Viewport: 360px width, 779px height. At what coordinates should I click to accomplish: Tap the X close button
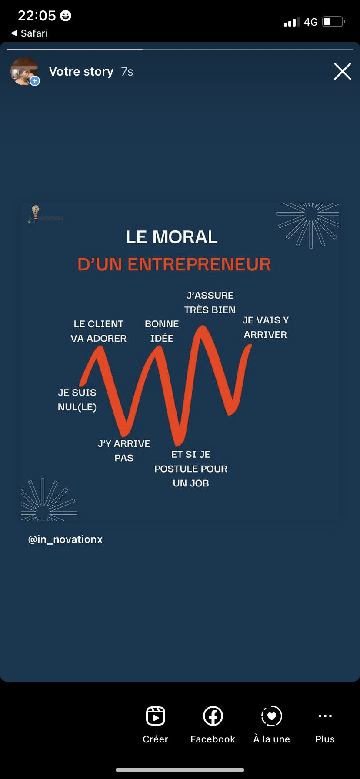[342, 71]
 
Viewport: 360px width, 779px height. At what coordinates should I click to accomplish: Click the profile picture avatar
[24, 71]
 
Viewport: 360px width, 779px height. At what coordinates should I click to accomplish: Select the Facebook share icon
[213, 716]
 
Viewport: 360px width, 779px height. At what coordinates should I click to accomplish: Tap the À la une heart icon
[272, 716]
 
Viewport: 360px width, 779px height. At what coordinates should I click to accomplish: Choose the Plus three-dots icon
[325, 716]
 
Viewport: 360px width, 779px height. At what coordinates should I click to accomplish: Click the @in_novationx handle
[65, 539]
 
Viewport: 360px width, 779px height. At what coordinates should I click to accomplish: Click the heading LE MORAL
[172, 237]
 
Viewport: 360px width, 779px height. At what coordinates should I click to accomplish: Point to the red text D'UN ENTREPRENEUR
[174, 264]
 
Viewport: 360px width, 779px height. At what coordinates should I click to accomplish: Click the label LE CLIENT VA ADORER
[99, 331]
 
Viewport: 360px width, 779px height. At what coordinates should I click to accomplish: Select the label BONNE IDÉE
[162, 331]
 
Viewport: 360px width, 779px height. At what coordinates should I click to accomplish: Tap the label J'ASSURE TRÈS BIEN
[210, 303]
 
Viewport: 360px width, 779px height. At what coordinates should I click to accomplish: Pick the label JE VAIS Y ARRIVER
[265, 327]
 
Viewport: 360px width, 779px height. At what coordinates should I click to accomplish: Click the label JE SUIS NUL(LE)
[77, 399]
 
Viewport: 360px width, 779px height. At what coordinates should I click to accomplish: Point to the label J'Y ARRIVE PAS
[124, 450]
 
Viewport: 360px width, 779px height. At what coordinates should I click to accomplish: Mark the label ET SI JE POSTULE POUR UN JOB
[191, 469]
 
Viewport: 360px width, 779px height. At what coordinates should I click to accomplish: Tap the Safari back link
[30, 33]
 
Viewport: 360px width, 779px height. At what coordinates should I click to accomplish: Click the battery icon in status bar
[333, 22]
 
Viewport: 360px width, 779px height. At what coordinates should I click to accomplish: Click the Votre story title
[81, 71]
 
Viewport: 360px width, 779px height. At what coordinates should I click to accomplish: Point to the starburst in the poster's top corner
[310, 223]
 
